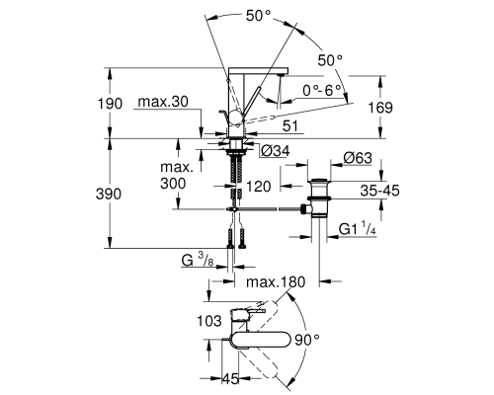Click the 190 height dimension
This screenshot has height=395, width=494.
coord(110,104)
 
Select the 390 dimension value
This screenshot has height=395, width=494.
coord(109,195)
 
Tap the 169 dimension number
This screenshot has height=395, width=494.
coord(380,108)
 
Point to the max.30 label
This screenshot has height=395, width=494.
coord(163,102)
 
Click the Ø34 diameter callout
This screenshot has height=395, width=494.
coord(276,151)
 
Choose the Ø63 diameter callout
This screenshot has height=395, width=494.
coord(358,158)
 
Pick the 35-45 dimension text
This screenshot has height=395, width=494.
coord(379,191)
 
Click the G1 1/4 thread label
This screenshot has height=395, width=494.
coord(357,228)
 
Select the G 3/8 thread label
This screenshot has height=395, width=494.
coord(198,260)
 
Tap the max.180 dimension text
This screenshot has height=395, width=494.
coord(276,282)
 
